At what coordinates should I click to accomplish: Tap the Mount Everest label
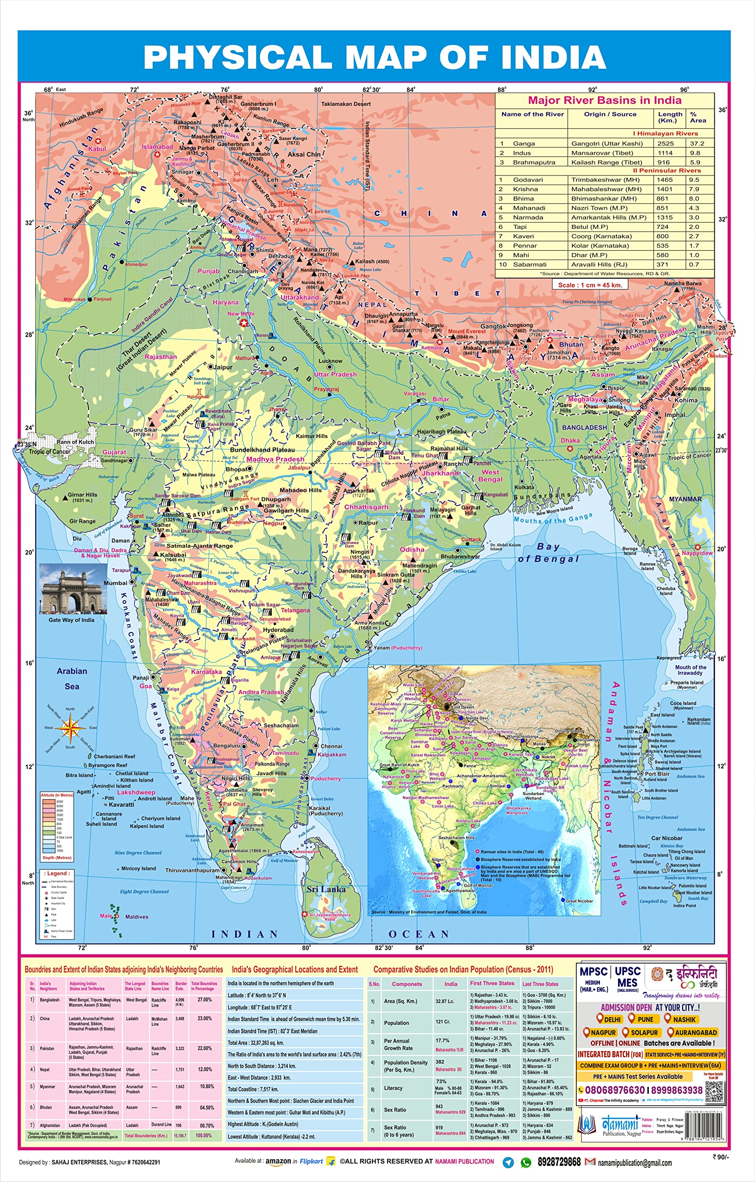[x=466, y=332]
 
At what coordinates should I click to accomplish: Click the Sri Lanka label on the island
[x=326, y=889]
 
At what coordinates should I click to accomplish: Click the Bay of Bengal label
[x=548, y=553]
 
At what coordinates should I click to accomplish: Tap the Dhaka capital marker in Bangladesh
[x=569, y=448]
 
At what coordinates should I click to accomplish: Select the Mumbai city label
[x=115, y=583]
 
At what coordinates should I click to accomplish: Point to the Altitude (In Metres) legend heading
[x=57, y=795]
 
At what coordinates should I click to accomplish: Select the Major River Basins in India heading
[x=605, y=100]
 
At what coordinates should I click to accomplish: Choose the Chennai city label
[x=331, y=746]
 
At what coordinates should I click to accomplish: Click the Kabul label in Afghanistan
[x=97, y=149]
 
